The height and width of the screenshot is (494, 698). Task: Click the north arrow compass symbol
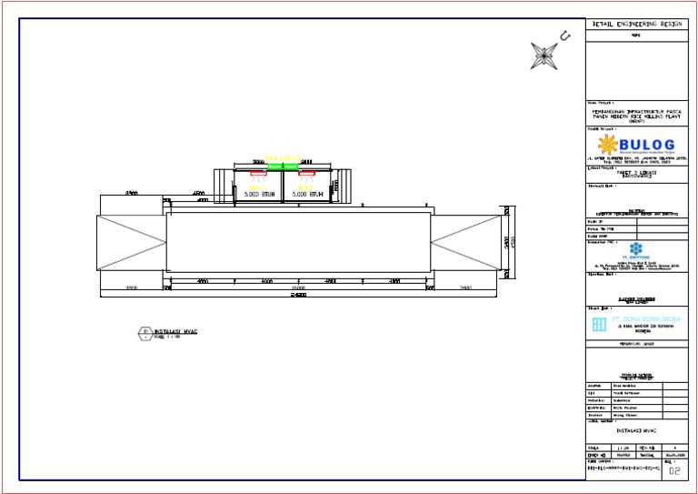click(x=543, y=55)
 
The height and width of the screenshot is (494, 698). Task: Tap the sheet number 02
click(x=673, y=471)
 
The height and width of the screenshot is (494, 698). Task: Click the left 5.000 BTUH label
click(x=258, y=194)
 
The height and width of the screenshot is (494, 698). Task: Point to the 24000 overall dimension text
click(x=298, y=296)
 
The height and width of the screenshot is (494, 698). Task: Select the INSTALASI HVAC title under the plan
click(x=176, y=330)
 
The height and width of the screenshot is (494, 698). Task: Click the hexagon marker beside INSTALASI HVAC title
click(x=143, y=333)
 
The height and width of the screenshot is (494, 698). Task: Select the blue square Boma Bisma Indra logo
click(x=599, y=325)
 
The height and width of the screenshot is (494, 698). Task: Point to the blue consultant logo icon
click(x=634, y=248)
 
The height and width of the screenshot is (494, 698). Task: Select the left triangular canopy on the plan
click(x=131, y=242)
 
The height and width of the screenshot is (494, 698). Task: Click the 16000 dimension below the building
click(x=298, y=287)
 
